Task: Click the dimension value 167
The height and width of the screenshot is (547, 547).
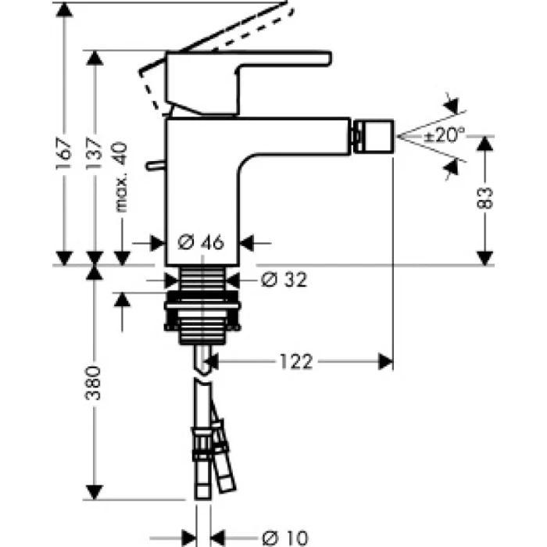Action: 66,156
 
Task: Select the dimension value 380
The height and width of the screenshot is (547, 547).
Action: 95,383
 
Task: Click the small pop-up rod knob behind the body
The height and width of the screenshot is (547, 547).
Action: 156,166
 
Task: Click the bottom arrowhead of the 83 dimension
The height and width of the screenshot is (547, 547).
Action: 486,257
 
